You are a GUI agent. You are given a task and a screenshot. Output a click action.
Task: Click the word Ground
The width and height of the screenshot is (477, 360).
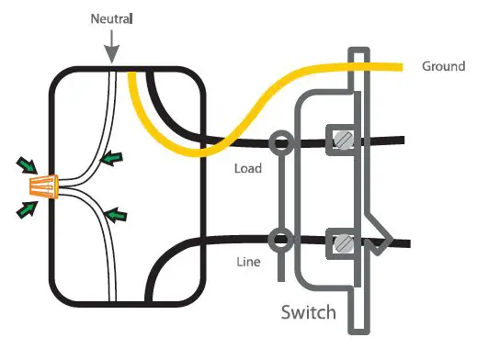(x=443, y=66)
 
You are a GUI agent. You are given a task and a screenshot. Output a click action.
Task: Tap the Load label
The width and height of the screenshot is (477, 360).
(x=249, y=169)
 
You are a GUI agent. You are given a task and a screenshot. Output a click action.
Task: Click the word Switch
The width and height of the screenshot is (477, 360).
(x=308, y=314)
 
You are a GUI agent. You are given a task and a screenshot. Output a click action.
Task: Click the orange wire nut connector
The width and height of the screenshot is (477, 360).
(x=43, y=187)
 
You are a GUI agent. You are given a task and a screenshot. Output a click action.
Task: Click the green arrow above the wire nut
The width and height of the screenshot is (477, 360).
(x=27, y=166)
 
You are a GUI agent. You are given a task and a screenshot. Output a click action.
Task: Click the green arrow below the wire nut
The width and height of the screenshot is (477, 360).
(x=27, y=209)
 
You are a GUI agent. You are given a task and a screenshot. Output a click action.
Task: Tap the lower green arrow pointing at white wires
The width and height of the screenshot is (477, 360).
(x=114, y=217)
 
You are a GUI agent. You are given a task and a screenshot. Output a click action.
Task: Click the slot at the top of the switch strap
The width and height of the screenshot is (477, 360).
(x=360, y=57)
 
